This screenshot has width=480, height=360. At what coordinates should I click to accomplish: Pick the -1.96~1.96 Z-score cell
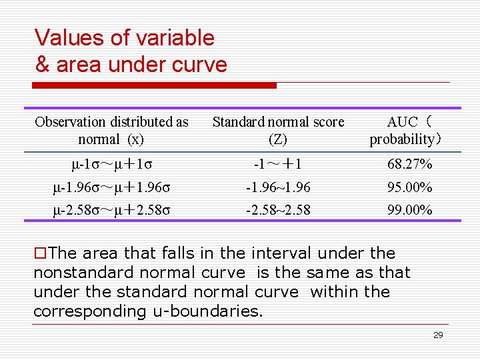click(x=278, y=187)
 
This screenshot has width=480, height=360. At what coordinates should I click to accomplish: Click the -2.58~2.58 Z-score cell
click(x=278, y=211)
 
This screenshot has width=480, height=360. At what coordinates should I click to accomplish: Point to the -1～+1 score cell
click(x=278, y=164)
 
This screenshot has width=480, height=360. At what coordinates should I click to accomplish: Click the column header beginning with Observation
click(x=111, y=131)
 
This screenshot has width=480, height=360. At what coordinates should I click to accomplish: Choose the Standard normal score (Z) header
click(x=278, y=131)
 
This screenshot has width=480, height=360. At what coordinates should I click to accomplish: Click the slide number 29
click(x=438, y=335)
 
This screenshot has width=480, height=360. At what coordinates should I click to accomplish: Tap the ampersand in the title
click(x=43, y=65)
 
